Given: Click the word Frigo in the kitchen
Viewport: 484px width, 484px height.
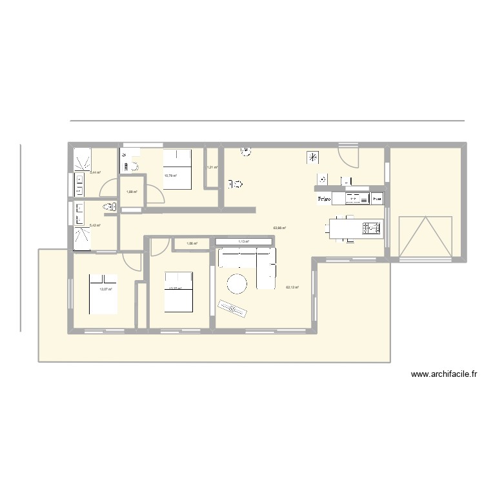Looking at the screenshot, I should pos(323,199).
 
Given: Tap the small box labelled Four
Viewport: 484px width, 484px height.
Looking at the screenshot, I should pos(378,199).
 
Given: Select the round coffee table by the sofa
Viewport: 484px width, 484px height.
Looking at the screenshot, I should pos(236,284).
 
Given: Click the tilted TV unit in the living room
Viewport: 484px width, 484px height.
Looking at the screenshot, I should pos(234,308).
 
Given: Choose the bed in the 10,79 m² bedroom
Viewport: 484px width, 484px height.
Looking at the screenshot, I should pos(176,168).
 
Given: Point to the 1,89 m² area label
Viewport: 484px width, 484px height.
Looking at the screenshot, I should pos(130,192).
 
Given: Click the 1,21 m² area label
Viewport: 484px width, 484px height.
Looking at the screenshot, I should pos(212,168).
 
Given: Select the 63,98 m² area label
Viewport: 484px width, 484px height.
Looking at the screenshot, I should pos(279,227).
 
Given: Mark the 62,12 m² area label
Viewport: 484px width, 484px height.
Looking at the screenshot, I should pos(292,288).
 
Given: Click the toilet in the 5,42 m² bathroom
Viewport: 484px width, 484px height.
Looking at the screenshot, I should pos(109,207).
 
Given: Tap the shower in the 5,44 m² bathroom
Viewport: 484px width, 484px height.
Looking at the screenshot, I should pos(82,159).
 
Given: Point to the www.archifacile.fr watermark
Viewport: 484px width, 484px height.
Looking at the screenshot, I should pos(443,374).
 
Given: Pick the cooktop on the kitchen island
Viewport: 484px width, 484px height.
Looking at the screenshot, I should pos(372,227).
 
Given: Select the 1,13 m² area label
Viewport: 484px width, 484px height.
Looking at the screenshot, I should pos(243,242).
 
